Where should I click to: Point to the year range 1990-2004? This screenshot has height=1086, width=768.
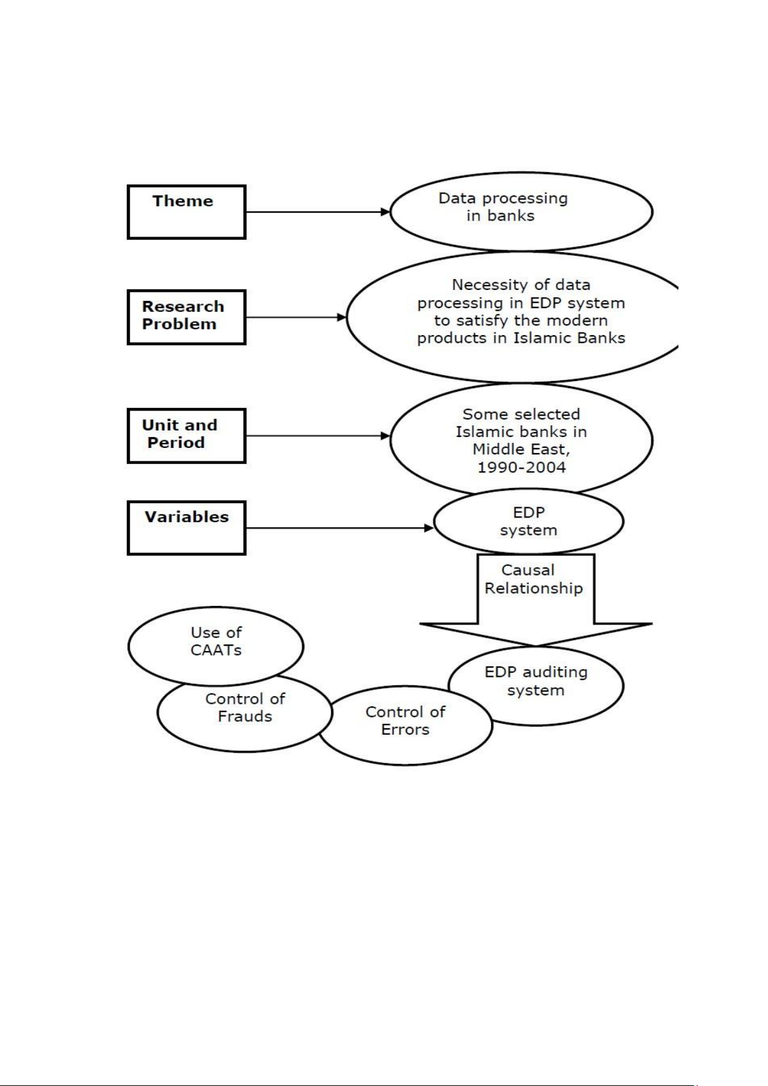point(522,467)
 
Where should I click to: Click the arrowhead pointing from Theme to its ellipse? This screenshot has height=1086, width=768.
point(385,212)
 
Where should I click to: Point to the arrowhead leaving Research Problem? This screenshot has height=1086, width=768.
point(341,318)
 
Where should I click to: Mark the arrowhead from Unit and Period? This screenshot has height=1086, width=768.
point(385,436)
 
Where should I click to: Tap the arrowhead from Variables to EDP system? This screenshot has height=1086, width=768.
point(429,528)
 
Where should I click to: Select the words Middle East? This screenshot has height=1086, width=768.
point(521,449)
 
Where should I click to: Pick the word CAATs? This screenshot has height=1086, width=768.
point(216,650)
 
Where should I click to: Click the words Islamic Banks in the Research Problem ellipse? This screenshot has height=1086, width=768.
point(570,338)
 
